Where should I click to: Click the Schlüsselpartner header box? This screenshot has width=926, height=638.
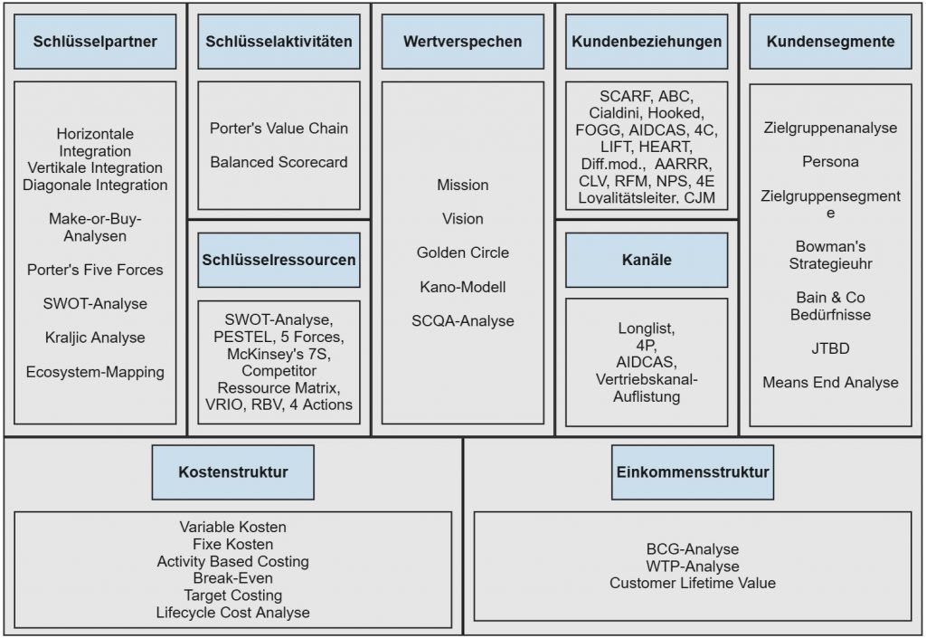(x=95, y=42)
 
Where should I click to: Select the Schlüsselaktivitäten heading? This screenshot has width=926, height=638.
(x=279, y=42)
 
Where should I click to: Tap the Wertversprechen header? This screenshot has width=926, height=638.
(x=462, y=42)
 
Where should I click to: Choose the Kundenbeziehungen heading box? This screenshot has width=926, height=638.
(x=647, y=42)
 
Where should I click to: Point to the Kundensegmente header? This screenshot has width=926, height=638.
(x=830, y=42)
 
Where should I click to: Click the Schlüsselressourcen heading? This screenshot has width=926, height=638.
(x=279, y=260)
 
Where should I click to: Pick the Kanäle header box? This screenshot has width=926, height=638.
(x=647, y=261)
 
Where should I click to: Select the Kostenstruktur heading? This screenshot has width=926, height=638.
(x=233, y=472)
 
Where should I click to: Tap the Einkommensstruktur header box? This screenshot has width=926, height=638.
(x=693, y=472)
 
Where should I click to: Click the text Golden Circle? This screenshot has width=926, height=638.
(x=462, y=252)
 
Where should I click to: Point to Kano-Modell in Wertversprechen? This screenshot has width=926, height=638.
(x=462, y=287)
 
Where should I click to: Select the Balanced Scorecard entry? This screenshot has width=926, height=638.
(x=279, y=163)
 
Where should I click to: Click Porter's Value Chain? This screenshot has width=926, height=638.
(x=279, y=129)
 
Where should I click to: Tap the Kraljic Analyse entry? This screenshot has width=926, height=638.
(x=95, y=338)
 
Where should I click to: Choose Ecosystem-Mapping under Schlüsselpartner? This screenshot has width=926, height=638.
(x=95, y=372)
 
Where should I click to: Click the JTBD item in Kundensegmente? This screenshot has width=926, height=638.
(x=830, y=348)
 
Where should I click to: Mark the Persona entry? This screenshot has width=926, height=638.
(x=830, y=162)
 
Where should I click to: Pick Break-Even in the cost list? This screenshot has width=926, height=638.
(x=232, y=578)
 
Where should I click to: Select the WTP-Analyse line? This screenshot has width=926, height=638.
(x=693, y=567)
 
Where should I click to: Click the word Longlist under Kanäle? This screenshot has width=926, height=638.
(x=647, y=329)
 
